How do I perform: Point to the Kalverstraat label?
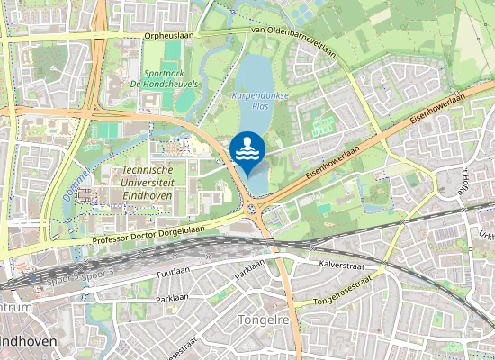(x=340, y=265)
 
